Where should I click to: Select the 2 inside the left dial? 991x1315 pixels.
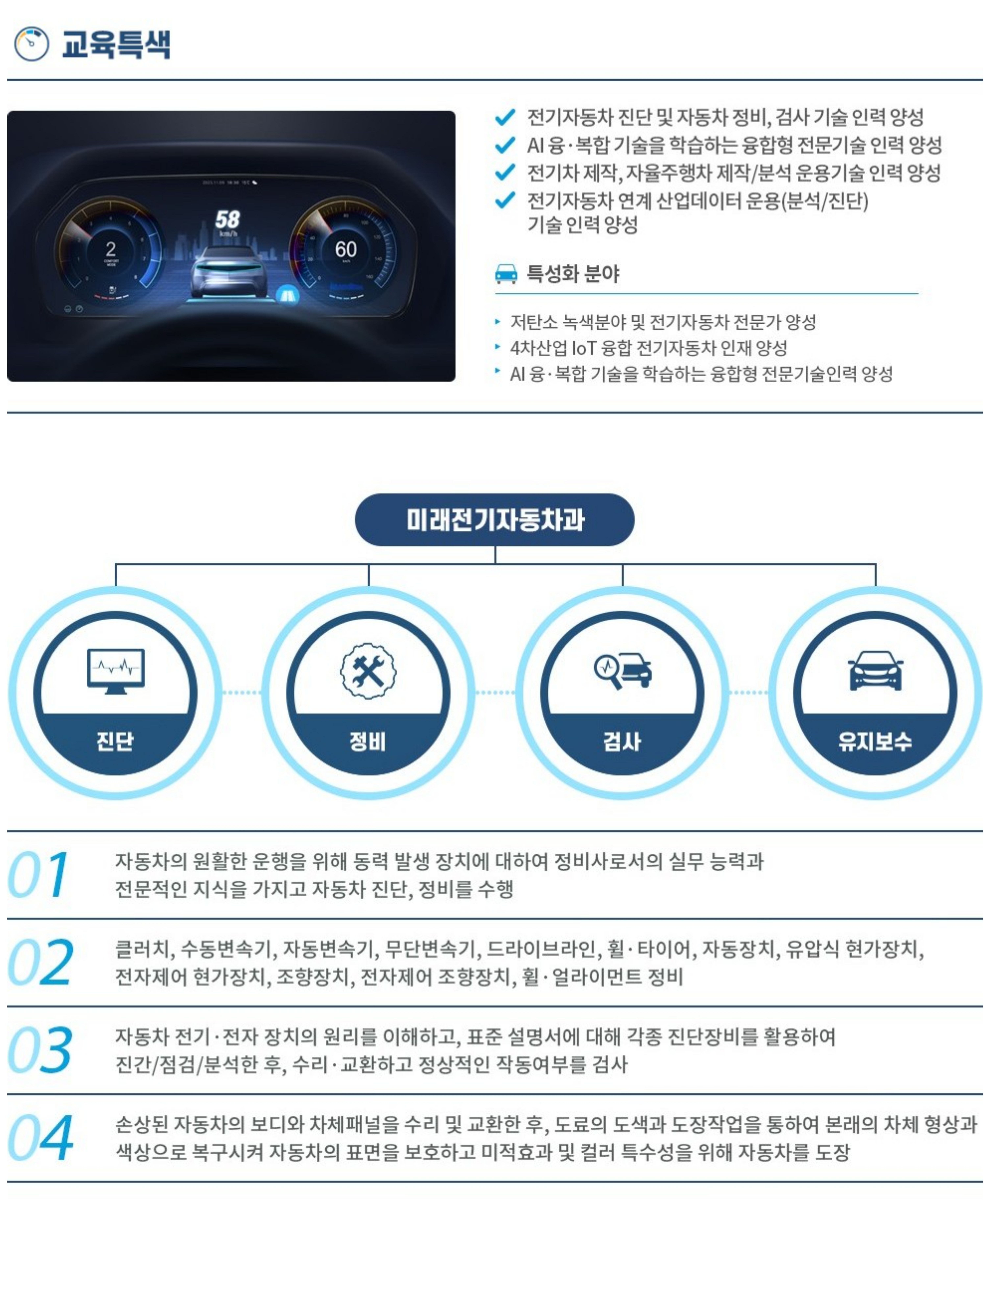point(110,248)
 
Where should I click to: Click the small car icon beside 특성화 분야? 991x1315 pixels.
point(506,273)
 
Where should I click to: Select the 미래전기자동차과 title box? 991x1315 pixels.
point(494,520)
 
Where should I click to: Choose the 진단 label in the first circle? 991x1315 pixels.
point(115,741)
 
